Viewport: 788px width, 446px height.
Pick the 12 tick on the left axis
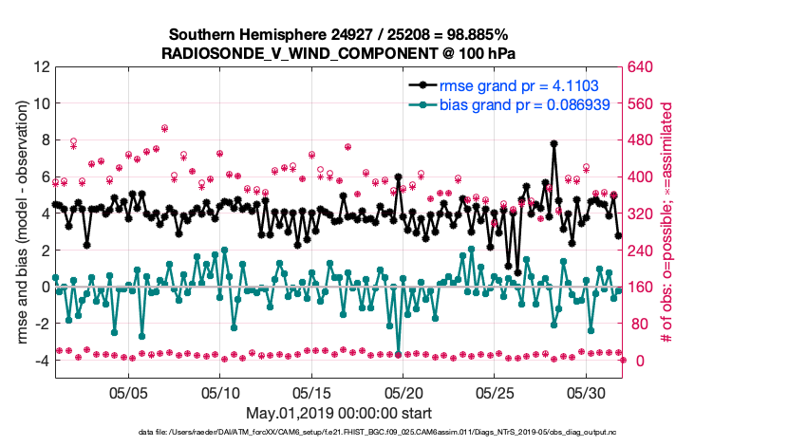[x=41, y=67]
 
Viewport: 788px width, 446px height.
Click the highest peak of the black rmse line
[x=553, y=144]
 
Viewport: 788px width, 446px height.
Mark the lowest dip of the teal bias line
[x=399, y=353]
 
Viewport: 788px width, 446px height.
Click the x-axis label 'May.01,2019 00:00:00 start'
[x=338, y=413]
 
